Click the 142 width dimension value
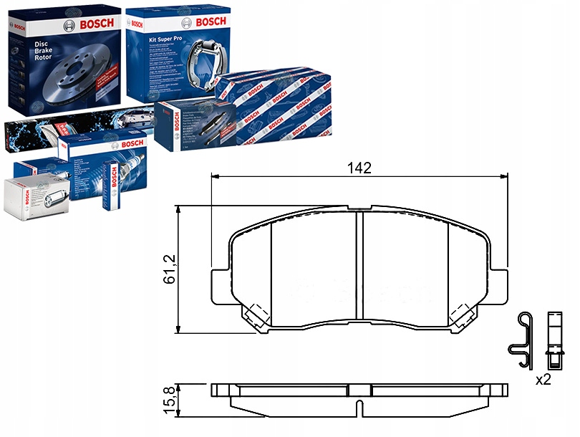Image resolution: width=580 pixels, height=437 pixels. click(359, 169)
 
